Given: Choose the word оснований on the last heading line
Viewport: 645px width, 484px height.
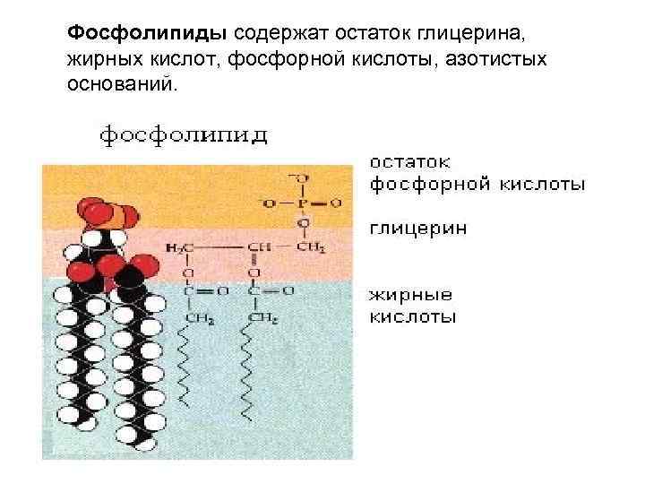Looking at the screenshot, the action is (x=122, y=85).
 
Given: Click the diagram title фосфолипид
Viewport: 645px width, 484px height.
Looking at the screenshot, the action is (x=183, y=136).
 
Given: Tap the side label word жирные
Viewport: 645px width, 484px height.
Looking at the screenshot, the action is (x=411, y=295).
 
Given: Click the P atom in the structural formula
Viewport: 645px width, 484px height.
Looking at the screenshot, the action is (x=304, y=202).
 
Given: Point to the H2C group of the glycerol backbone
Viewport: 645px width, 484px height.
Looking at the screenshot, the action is (x=179, y=246).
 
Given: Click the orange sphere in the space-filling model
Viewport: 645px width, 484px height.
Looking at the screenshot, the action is (x=112, y=214).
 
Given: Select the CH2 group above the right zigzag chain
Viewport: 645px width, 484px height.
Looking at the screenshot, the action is (x=261, y=318).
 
